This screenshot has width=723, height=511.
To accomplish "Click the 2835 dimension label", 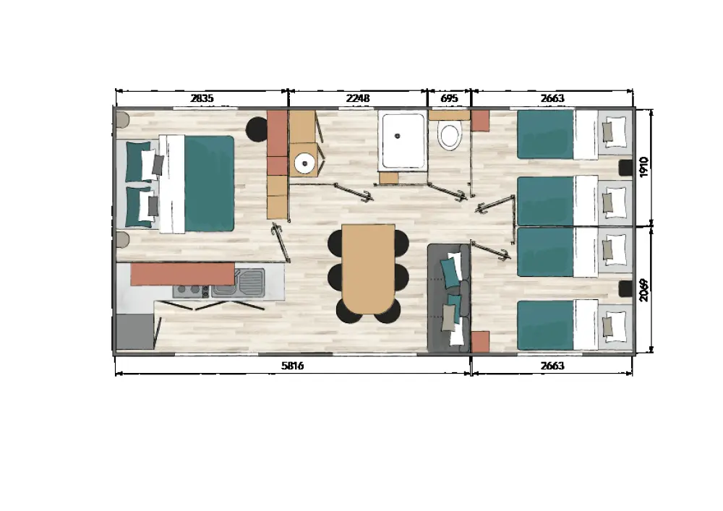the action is coord(202,98).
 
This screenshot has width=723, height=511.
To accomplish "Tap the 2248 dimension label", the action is coord(358,98).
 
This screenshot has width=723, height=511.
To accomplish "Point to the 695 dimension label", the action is coord(450,98).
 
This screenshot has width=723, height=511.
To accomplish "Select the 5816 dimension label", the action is coord(293,366).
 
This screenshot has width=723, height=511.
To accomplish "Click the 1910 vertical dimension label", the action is coord(644,166).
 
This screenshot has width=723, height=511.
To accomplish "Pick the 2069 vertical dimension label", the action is coord(644,290).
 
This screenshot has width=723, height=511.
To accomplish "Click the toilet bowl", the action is coord(450,136).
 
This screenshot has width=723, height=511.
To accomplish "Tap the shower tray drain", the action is coord(398,136).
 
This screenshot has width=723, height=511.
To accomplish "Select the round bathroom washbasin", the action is coord(304,163).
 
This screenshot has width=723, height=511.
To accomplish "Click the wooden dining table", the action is coord(369,269).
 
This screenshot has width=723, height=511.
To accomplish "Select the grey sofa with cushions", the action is coord(449,298).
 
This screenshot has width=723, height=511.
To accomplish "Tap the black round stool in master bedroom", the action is coord(257,129).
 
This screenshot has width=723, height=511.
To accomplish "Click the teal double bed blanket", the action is coord(209,184).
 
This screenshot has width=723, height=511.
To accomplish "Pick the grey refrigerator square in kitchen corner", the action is coord(134,331).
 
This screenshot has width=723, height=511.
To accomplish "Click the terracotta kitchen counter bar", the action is coord(183,274).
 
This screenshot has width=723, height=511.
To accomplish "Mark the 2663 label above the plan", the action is coord(552,98).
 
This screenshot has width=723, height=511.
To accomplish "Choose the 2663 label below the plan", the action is coord(552,366).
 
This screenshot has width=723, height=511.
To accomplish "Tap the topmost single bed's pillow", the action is coord(615,132).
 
